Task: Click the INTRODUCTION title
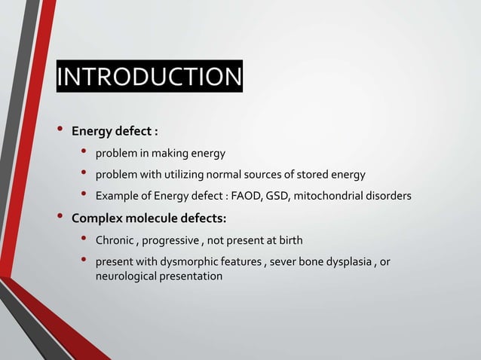[149, 77]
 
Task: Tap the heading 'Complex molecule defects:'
[149, 219]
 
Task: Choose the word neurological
[125, 276]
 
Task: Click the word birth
[290, 241]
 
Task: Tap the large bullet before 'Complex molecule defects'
[58, 218]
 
